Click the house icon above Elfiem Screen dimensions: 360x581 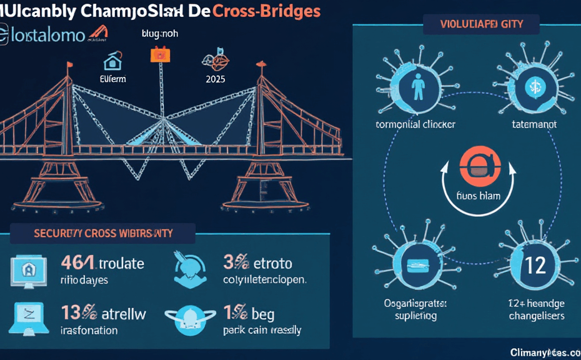[112, 61]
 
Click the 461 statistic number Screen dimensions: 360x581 [77, 262]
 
